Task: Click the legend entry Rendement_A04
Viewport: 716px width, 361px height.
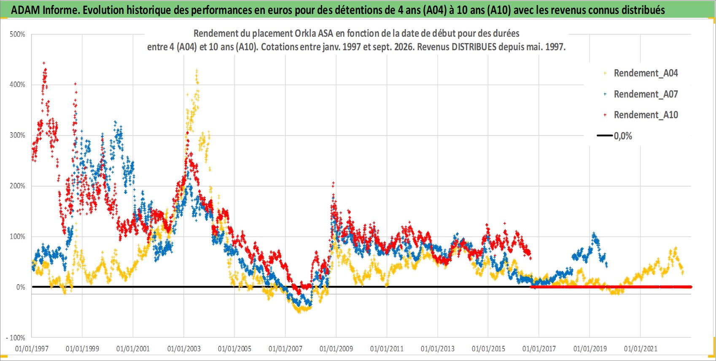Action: click(x=646, y=73)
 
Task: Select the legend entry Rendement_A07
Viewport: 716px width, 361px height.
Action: click(x=646, y=95)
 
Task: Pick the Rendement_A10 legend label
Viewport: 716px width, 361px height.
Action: click(x=646, y=115)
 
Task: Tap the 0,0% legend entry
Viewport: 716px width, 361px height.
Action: click(x=623, y=136)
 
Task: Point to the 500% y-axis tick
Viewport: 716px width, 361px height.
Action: click(x=17, y=34)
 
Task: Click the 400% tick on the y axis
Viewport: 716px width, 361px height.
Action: click(x=17, y=85)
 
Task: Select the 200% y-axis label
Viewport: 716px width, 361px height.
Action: click(x=17, y=186)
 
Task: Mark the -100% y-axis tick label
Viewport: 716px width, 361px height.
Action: click(x=15, y=338)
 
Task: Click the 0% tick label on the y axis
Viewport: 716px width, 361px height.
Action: click(x=21, y=287)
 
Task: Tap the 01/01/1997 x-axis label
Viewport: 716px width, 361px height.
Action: click(x=32, y=348)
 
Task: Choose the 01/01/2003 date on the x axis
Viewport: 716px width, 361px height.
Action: click(x=184, y=348)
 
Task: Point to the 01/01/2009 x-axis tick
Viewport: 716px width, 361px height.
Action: click(x=336, y=348)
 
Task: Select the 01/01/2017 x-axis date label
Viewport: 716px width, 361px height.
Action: click(x=539, y=348)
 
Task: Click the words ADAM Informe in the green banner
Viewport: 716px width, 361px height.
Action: click(x=45, y=10)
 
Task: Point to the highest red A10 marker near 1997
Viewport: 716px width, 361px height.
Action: click(x=44, y=63)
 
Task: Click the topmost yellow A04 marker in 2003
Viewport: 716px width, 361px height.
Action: click(x=196, y=70)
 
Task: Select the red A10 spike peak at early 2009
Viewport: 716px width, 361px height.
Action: click(x=334, y=183)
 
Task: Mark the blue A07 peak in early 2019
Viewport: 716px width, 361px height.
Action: click(x=594, y=233)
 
